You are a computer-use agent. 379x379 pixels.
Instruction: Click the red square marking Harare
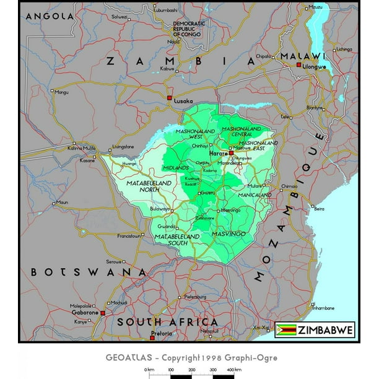[x=231, y=152]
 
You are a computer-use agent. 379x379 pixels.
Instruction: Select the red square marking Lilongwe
[x=298, y=64]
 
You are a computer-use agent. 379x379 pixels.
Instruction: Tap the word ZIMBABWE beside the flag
[x=325, y=330]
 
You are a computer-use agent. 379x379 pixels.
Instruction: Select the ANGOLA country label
[x=45, y=15]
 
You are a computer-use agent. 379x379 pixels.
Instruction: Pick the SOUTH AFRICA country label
[x=168, y=322]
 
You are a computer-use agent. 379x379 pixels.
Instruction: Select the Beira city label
[x=320, y=209]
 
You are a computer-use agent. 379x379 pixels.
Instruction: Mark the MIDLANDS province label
[x=175, y=168]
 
